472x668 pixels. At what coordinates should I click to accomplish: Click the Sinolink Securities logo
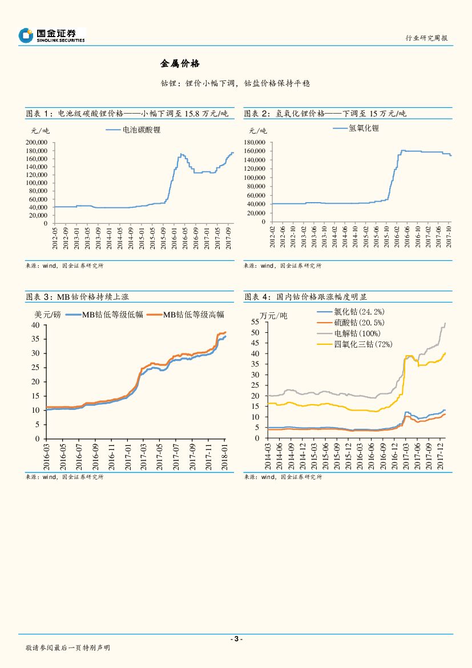click(51, 35)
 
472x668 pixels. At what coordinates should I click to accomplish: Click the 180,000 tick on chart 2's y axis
click(255, 142)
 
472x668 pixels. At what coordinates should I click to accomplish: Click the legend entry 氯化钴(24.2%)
click(359, 312)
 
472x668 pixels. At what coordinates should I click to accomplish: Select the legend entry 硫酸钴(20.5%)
click(359, 323)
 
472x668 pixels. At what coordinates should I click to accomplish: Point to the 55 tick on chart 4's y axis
click(256, 323)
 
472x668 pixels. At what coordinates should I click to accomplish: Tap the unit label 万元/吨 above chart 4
click(275, 316)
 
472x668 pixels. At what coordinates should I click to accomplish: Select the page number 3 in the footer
click(236, 639)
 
